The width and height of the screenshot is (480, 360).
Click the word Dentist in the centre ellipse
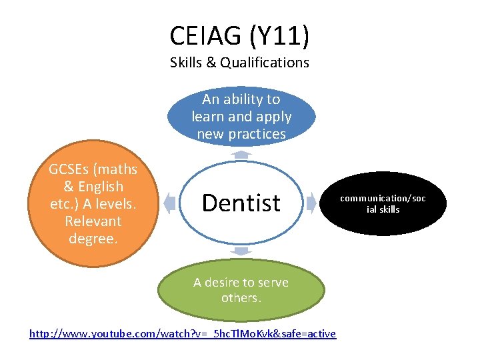click(x=241, y=203)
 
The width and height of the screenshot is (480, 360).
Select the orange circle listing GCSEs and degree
click(x=93, y=204)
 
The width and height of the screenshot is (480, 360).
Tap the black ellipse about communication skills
click(x=383, y=204)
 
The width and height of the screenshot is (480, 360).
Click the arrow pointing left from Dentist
click(x=169, y=203)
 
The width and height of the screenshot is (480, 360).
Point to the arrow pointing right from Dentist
click(x=311, y=203)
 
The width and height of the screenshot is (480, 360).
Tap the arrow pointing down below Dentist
click(x=241, y=251)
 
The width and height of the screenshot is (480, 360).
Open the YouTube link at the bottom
click(x=183, y=333)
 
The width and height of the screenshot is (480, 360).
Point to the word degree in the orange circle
click(x=92, y=238)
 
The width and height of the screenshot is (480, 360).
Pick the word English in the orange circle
click(x=102, y=187)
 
